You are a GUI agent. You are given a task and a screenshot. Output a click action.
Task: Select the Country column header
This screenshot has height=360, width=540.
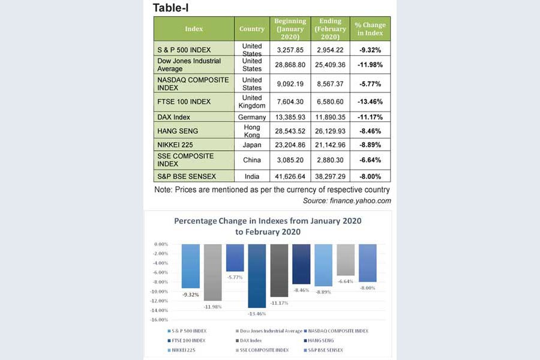252,29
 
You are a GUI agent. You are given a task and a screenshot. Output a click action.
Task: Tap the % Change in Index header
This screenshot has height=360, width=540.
370,29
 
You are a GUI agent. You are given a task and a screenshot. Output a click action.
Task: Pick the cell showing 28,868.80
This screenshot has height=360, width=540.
290,65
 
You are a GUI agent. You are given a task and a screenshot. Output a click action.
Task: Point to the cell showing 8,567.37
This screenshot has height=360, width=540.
330,84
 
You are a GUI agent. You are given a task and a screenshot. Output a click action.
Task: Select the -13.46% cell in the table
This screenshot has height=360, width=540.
370,102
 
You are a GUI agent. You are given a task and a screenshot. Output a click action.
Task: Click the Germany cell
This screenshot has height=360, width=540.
252,117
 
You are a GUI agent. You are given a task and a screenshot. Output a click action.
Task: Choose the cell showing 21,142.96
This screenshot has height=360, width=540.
330,145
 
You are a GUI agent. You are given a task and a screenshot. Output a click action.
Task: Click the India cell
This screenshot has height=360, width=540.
252,176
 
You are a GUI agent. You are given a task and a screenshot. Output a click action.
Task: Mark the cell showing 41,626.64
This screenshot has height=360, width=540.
290,176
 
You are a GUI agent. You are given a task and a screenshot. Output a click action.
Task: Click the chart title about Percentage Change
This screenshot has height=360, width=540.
268,226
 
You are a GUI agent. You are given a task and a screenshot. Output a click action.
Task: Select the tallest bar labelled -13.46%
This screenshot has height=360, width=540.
257,276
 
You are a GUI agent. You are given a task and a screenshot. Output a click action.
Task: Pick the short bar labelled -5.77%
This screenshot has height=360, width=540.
235,257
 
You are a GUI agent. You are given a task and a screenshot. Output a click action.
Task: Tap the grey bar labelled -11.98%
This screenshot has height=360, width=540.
212,272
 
